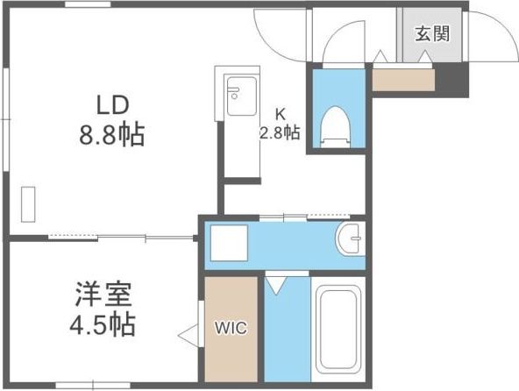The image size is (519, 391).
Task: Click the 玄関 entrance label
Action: click(x=432, y=34)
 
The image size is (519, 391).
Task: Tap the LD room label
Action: click(x=113, y=104)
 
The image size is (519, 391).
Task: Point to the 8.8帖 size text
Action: click(x=112, y=136)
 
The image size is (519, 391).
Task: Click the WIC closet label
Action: click(x=231, y=329)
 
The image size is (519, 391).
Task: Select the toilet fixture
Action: click(x=334, y=125)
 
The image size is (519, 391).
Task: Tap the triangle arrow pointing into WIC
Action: click(x=186, y=334)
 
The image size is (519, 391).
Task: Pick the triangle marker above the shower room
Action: click(x=275, y=284)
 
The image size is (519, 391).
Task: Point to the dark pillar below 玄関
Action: click(x=452, y=82)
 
